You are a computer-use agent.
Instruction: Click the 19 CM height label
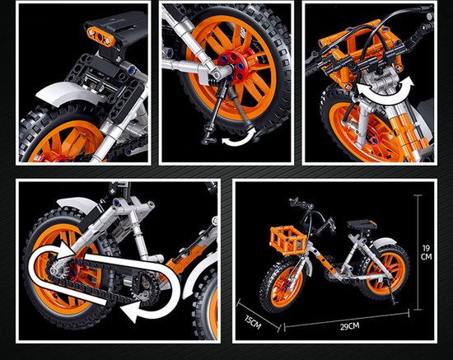click(x=426, y=252)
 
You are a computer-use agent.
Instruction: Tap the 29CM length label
click(x=349, y=326)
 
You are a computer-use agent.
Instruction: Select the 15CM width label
click(x=253, y=322)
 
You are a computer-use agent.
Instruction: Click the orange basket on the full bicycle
click(x=287, y=239)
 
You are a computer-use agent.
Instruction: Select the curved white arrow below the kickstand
click(x=240, y=138)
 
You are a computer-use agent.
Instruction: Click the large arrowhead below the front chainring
click(x=130, y=311)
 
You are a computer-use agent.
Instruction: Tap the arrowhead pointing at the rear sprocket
click(x=65, y=250)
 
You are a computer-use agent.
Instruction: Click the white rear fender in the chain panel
click(x=78, y=204)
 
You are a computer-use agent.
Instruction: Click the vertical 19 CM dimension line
click(x=418, y=253)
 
